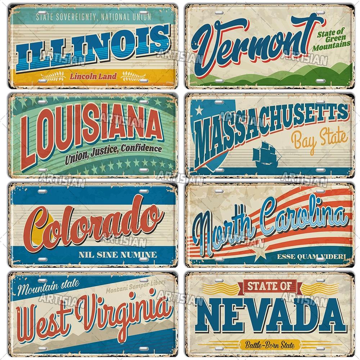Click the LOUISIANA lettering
(x=90, y=128)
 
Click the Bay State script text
(x=319, y=139)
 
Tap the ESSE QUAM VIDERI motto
(x=311, y=256)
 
